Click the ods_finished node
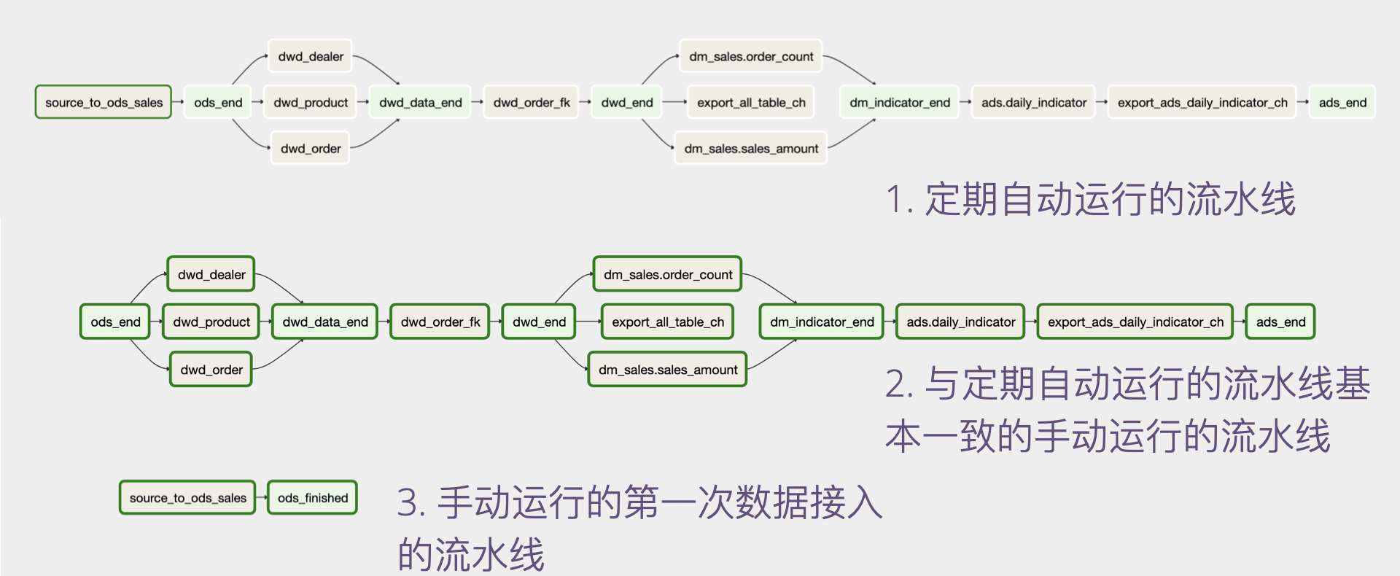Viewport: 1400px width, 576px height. (312, 497)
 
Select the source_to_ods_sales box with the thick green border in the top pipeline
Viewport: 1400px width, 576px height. (104, 102)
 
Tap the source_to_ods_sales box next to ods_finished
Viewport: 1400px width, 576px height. (187, 497)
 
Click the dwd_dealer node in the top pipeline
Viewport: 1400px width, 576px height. (310, 56)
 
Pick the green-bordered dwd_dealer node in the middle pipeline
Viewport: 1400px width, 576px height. (211, 274)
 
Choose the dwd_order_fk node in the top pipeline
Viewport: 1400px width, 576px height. (531, 102)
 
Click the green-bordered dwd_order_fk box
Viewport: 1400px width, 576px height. (440, 322)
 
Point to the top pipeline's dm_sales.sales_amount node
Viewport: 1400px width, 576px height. (750, 148)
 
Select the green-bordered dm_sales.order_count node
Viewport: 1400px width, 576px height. (667, 274)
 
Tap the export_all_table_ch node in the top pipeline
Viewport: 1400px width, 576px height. (750, 102)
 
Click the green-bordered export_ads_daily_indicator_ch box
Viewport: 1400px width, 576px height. (1135, 322)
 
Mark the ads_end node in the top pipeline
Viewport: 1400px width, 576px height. (1342, 102)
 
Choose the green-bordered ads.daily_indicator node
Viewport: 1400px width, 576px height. (960, 322)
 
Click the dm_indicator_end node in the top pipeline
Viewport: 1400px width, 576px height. (899, 102)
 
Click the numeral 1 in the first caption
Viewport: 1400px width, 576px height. (894, 200)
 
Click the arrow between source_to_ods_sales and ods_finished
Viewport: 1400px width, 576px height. (262, 497)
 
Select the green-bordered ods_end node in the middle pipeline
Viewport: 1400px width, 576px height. (115, 322)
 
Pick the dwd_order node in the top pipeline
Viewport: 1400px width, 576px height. (310, 148)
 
